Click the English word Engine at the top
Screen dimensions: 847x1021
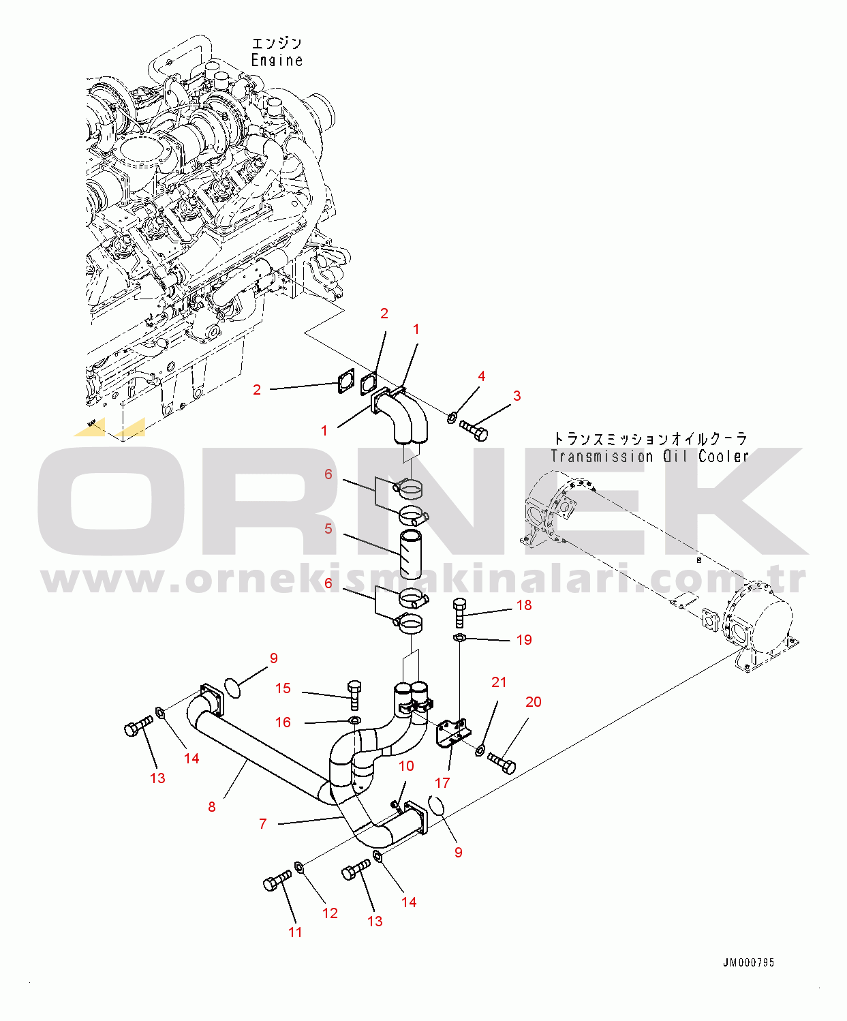coord(277,60)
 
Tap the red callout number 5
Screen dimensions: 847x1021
coord(328,529)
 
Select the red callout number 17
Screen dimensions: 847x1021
coord(442,782)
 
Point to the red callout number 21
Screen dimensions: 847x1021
coord(499,682)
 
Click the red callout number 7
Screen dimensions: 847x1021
coord(263,823)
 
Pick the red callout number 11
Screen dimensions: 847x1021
coord(295,932)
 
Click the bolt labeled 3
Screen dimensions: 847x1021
coord(474,429)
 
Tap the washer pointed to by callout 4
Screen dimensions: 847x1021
coord(452,418)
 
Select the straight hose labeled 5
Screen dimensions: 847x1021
coord(411,555)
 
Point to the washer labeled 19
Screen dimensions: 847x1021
coord(459,637)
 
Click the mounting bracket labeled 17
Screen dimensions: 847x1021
coord(453,733)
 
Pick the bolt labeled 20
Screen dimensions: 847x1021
coord(502,763)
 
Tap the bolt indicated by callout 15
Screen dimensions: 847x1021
coord(354,695)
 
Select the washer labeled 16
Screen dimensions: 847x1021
coord(355,720)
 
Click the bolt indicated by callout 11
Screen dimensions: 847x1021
coord(277,881)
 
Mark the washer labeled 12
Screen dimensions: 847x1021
coord(299,867)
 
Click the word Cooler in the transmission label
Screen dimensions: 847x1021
coord(723,456)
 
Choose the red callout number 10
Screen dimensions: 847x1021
coord(406,765)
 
